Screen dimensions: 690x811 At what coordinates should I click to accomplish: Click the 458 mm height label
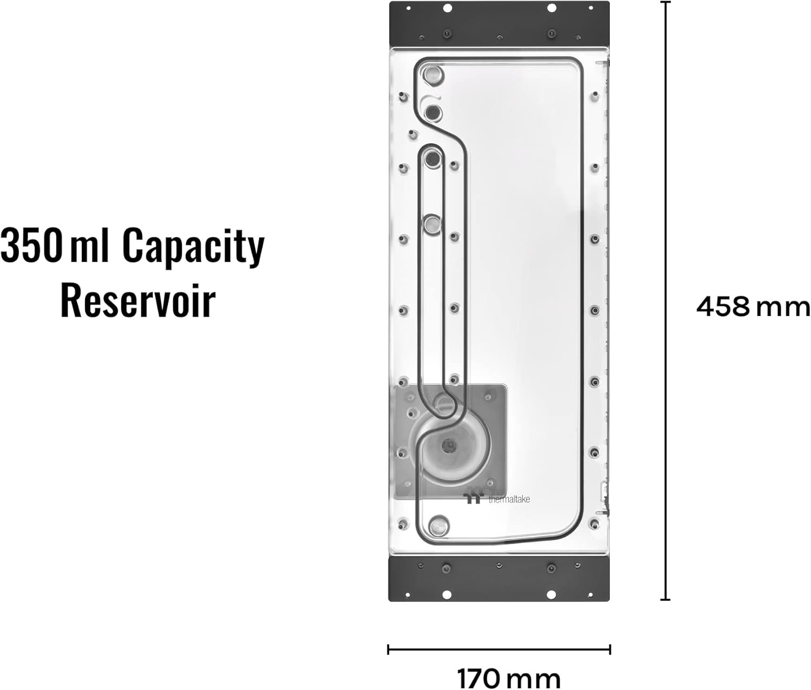(753, 307)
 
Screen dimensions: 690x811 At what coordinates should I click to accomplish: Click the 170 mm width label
(508, 678)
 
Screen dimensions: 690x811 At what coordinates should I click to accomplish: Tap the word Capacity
(194, 246)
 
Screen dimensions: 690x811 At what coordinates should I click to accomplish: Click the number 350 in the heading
(31, 246)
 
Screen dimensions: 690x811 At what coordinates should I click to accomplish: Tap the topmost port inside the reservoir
(433, 75)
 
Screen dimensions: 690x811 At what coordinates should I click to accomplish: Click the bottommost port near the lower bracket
(438, 525)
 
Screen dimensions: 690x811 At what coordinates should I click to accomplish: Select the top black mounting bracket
(499, 24)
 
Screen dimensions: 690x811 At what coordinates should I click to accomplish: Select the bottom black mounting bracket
(499, 579)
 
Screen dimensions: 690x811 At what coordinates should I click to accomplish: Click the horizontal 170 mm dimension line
(499, 649)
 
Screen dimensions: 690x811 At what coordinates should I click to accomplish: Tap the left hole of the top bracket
(447, 8)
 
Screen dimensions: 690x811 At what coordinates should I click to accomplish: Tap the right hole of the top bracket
(551, 8)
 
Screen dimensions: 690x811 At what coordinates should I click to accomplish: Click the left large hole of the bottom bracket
(447, 594)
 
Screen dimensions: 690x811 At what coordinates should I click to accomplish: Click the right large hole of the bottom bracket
(551, 594)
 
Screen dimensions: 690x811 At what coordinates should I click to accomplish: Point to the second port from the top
(434, 113)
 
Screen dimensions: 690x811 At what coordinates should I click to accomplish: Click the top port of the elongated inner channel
(433, 158)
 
